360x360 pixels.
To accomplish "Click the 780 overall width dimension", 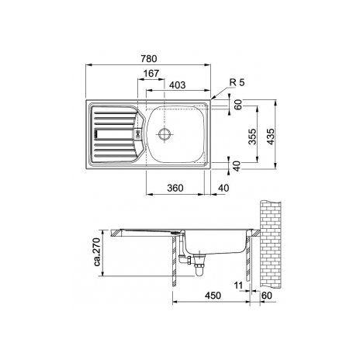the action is click(149, 59).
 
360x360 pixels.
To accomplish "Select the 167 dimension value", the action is click(151, 74).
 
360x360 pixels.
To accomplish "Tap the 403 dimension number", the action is click(178, 85).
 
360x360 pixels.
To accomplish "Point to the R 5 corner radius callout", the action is click(237, 82).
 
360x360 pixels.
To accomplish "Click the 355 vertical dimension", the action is click(252, 137).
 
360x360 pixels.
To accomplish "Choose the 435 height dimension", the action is click(271, 137).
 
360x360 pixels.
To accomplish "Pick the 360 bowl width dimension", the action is click(175, 188).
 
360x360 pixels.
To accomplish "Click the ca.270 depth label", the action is click(97, 252).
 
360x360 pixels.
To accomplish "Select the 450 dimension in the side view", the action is click(213, 296).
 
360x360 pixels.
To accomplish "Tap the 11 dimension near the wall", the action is click(238, 286).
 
